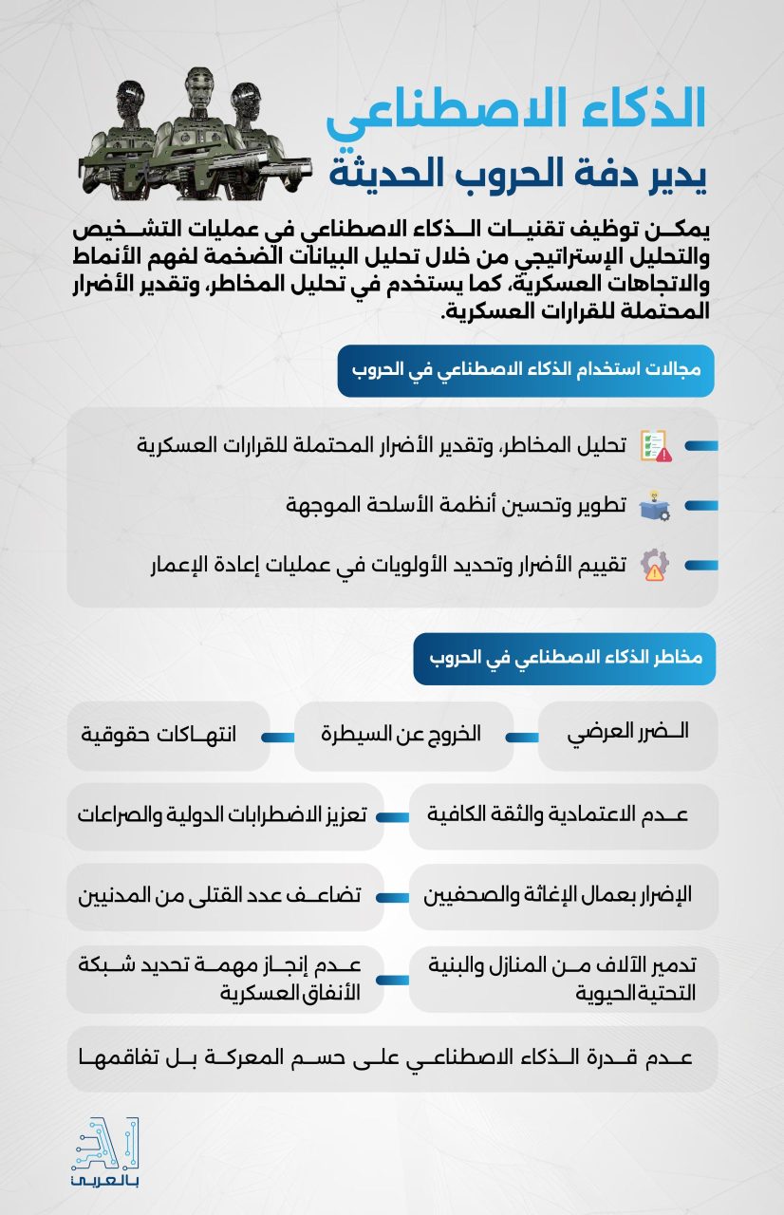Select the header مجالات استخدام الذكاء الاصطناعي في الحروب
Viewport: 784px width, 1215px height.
(x=526, y=370)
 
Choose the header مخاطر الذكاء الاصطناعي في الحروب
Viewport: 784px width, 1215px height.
(x=564, y=659)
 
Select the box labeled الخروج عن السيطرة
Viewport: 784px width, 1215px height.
(x=403, y=735)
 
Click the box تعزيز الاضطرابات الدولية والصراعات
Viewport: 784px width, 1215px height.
(x=225, y=815)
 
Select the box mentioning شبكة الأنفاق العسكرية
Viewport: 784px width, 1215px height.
(x=225, y=979)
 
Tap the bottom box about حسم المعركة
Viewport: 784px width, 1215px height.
(x=392, y=1058)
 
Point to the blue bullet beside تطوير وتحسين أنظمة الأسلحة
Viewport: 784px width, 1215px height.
(x=701, y=506)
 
